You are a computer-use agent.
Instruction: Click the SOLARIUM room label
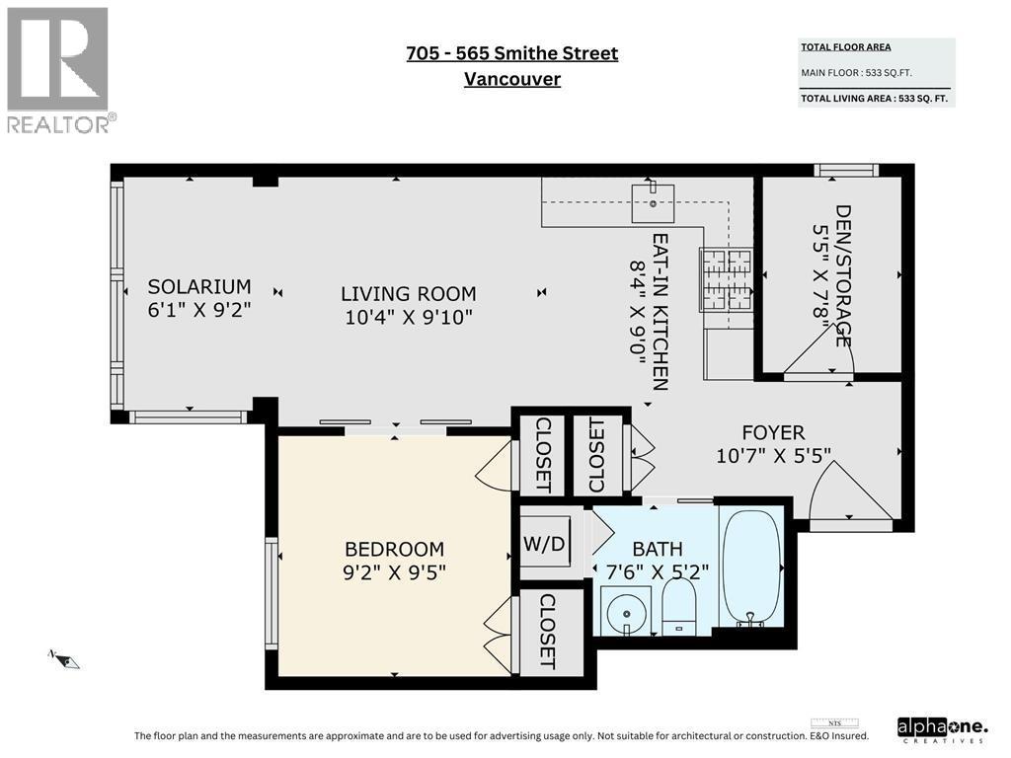[199, 286]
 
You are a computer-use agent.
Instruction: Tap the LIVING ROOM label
[408, 293]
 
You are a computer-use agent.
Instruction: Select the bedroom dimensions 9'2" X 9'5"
[394, 572]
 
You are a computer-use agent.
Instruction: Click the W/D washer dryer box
[545, 542]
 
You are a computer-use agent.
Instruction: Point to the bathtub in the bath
[752, 567]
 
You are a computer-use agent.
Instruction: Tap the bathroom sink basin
[625, 611]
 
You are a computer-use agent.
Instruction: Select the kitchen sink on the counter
[654, 202]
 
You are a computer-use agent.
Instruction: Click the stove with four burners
[726, 280]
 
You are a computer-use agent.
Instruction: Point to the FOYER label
[774, 432]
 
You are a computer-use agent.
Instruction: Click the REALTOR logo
[58, 69]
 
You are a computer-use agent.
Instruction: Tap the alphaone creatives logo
[942, 729]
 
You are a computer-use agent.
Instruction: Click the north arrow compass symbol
[64, 658]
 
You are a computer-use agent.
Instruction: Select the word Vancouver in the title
[511, 79]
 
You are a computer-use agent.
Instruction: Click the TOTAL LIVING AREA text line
[875, 98]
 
